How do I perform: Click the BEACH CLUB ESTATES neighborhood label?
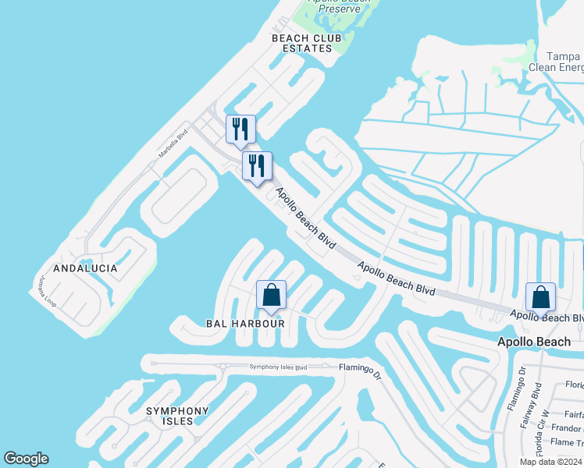pos(301,43)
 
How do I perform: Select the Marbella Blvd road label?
pos(173,143)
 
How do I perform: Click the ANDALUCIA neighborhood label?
pos(85,268)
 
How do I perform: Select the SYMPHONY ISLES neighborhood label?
pos(178,416)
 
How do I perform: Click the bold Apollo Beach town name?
pos(535,342)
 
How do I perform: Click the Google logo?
pos(26,459)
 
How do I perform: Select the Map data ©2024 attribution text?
pos(550,462)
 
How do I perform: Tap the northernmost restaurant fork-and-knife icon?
pos(240,129)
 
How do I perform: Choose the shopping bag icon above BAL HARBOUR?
pos(272,295)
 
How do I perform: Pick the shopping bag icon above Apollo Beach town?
pos(540,296)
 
